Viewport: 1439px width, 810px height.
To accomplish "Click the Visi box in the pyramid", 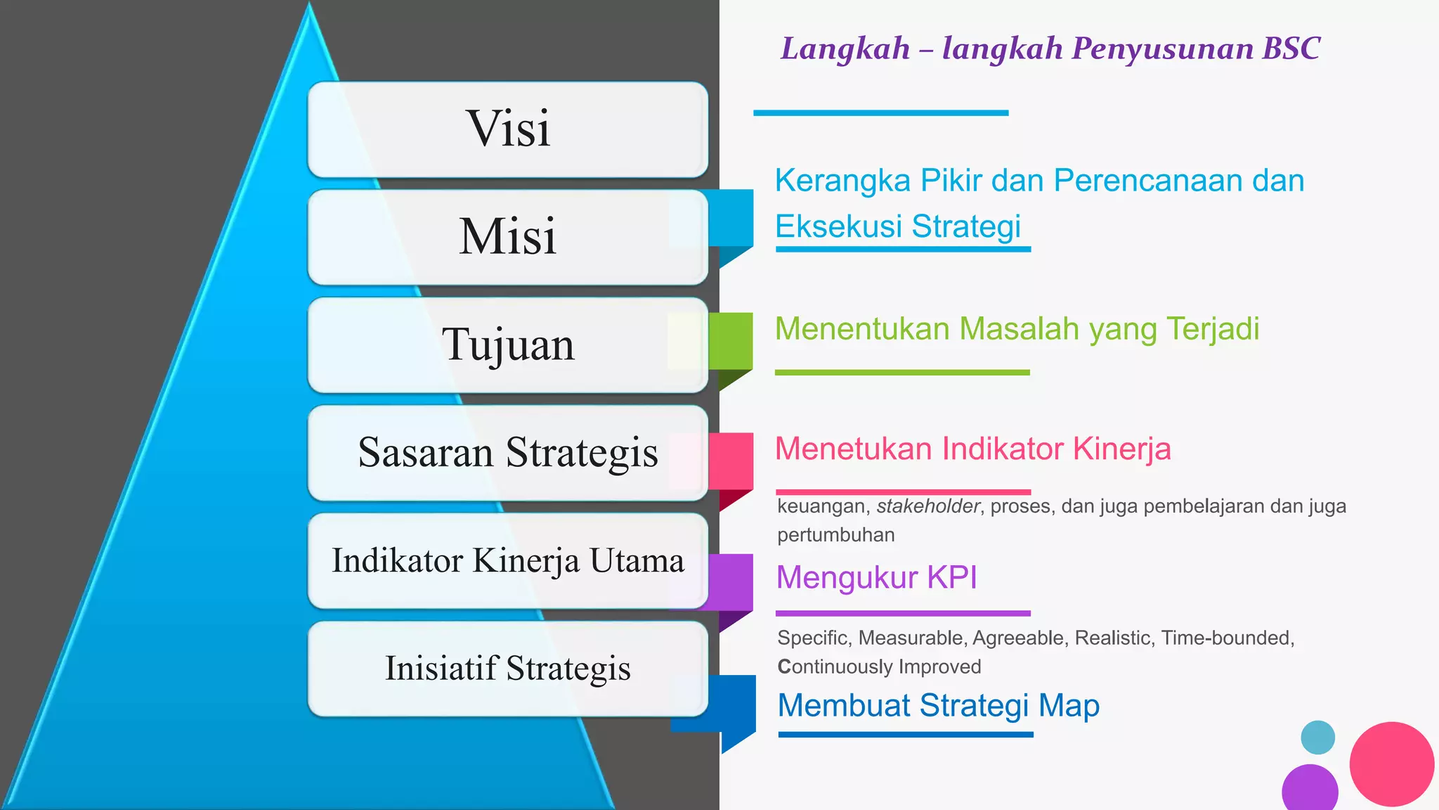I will [x=507, y=129].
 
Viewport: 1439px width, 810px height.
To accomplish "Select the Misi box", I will [x=507, y=237].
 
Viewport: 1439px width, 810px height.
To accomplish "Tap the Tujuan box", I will [x=507, y=345].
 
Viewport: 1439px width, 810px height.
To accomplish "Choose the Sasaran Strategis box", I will [x=507, y=452].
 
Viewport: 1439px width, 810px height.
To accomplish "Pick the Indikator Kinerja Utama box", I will [x=507, y=560].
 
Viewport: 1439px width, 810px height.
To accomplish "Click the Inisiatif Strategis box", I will [x=507, y=668].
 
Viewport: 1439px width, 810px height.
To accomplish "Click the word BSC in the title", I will [x=1291, y=49].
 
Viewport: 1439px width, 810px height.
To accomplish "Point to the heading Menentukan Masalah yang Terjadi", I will [x=1017, y=329].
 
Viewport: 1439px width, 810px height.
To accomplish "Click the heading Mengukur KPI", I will [x=876, y=577].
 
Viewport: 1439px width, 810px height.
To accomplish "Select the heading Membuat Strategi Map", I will [x=938, y=705].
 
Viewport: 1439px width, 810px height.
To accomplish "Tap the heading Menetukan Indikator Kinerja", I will [x=972, y=449].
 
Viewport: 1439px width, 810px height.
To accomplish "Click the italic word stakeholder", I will [x=927, y=506].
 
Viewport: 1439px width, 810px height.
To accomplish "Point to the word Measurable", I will [x=911, y=638].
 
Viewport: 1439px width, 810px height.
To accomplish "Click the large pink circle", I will [x=1391, y=764].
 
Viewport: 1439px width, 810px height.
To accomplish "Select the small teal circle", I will [x=1317, y=738].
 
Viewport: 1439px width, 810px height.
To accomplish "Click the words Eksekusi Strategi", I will [x=897, y=226].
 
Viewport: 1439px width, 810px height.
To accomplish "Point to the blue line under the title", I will [x=880, y=112].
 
